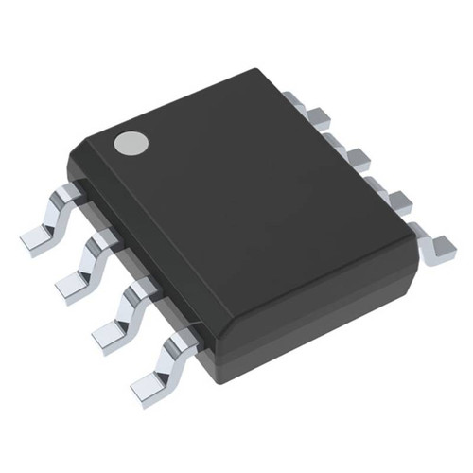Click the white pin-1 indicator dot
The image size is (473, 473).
click(x=131, y=143)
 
